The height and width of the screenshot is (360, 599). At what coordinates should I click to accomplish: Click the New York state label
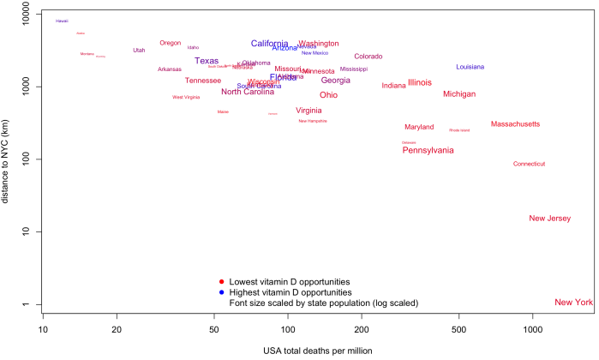click(x=573, y=303)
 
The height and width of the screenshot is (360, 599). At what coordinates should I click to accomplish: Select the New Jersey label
click(x=549, y=219)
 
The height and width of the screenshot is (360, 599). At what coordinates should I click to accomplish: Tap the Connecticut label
click(x=529, y=164)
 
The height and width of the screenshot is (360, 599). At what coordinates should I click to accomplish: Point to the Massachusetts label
click(x=515, y=124)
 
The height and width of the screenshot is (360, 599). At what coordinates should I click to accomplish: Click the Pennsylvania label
click(x=428, y=150)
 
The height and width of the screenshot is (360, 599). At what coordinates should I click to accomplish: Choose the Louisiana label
click(x=470, y=67)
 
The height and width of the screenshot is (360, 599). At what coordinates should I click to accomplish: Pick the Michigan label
click(x=459, y=93)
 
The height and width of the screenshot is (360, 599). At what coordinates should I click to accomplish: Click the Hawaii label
click(x=62, y=21)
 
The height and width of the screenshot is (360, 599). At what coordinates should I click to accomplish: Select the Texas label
click(x=207, y=61)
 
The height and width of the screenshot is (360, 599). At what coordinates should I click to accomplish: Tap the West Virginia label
click(x=186, y=98)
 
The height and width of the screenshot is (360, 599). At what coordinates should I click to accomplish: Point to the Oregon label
click(x=171, y=43)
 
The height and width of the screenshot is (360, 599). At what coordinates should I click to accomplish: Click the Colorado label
click(x=368, y=57)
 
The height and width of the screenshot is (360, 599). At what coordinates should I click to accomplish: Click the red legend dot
click(x=221, y=281)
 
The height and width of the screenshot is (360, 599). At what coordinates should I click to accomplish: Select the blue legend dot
click(x=221, y=292)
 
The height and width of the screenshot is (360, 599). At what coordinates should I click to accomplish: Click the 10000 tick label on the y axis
click(x=21, y=15)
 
